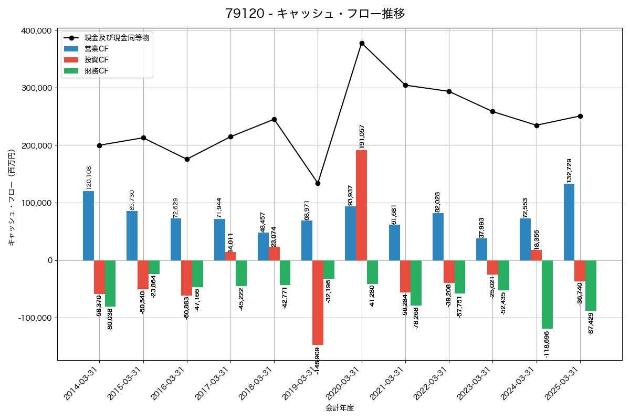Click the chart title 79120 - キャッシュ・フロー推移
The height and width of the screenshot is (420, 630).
(315, 14)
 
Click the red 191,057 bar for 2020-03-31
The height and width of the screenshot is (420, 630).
(361, 205)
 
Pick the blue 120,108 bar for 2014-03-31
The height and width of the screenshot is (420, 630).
(88, 226)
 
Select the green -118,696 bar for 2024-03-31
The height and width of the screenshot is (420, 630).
(547, 295)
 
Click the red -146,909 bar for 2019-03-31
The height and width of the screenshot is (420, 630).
(318, 302)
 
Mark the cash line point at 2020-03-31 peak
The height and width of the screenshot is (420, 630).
(362, 43)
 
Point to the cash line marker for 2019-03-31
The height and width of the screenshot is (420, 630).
(318, 183)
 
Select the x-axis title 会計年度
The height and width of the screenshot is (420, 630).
(340, 408)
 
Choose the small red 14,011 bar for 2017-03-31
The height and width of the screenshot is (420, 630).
(230, 256)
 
